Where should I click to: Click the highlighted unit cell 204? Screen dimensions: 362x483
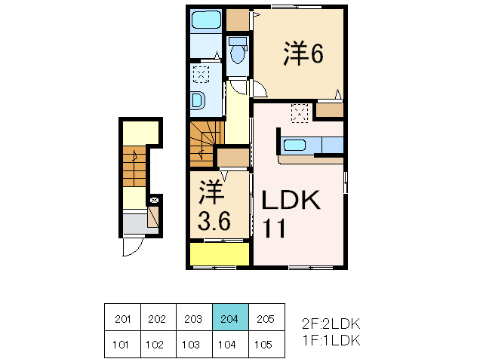[229, 320]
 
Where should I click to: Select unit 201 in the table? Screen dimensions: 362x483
[122, 320]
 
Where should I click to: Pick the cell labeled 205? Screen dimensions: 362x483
[266, 320]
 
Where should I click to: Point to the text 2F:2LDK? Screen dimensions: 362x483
[331, 324]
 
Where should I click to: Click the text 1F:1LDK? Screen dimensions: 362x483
[331, 340]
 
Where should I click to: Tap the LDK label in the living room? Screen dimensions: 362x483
[291, 201]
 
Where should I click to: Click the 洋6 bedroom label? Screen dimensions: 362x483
[304, 54]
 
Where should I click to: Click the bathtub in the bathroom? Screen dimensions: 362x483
[205, 20]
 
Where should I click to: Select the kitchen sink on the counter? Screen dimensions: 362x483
[294, 146]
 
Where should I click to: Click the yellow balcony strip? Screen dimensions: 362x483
[220, 255]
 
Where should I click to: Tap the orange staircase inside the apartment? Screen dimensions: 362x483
[203, 143]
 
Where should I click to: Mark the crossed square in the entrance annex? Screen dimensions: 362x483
[155, 201]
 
